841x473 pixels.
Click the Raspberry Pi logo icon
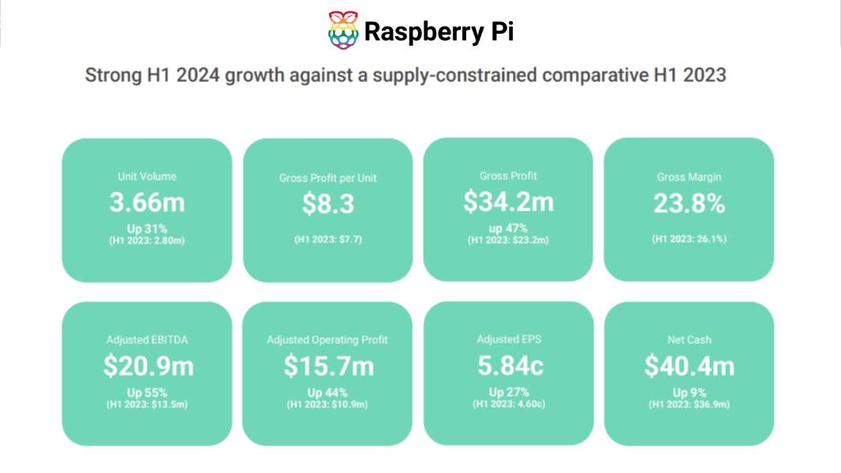point(342,31)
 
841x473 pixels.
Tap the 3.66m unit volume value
point(147,203)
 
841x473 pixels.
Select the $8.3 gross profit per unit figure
point(327,204)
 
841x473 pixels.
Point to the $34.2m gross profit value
point(508,203)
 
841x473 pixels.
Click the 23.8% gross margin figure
point(689,204)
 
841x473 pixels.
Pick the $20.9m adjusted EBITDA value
point(148,366)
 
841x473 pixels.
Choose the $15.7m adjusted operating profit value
point(327,366)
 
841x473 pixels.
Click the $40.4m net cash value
point(689,366)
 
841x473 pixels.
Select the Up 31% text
point(147,228)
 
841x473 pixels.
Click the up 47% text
point(508,228)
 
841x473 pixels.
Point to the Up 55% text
point(147,393)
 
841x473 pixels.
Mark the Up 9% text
point(689,393)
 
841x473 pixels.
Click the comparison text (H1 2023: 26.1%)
point(689,239)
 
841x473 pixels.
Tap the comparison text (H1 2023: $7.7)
point(327,239)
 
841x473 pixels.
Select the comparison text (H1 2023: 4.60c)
point(508,404)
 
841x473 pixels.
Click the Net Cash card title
point(689,340)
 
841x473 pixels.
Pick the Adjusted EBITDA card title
point(147,340)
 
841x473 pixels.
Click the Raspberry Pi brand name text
point(439,32)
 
